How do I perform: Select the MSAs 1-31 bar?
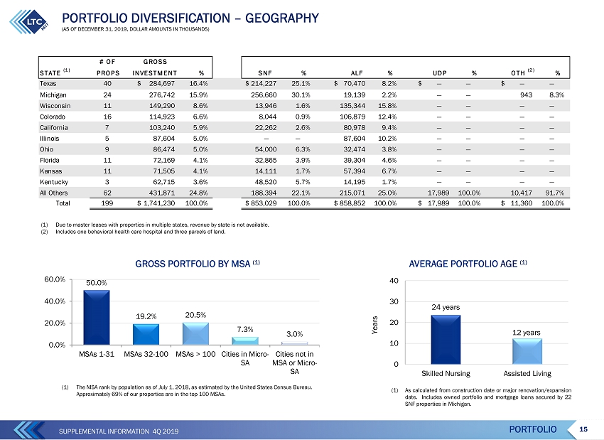click(x=97, y=318)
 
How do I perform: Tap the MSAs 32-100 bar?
click(x=146, y=334)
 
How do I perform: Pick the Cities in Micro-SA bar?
click(x=245, y=341)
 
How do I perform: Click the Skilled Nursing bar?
click(x=446, y=340)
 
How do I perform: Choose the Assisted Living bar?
click(x=527, y=351)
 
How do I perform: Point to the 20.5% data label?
click(x=195, y=315)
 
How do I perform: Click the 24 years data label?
click(x=446, y=307)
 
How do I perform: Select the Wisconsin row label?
click(x=55, y=106)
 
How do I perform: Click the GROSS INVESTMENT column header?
click(x=155, y=68)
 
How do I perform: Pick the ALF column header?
click(x=357, y=73)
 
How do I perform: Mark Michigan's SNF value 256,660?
click(x=264, y=95)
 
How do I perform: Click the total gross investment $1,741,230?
click(x=156, y=203)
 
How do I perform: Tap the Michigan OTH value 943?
click(x=526, y=95)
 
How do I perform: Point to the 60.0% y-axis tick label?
click(x=55, y=279)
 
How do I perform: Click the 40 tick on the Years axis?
click(x=394, y=281)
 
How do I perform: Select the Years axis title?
click(x=374, y=325)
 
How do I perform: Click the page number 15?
click(x=583, y=429)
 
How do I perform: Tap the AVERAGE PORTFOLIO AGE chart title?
click(x=468, y=264)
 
